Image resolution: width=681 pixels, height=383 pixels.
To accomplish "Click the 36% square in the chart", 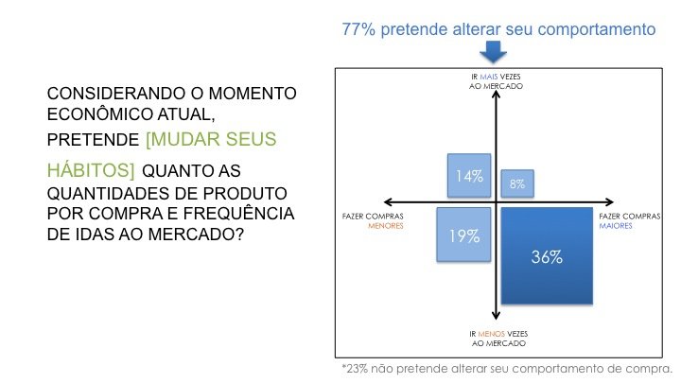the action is [x=547, y=255].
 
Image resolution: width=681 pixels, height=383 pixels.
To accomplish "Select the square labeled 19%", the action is [x=463, y=235].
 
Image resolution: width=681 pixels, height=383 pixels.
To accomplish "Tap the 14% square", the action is [x=469, y=176].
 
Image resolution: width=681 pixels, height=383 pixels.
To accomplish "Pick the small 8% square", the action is [x=517, y=183].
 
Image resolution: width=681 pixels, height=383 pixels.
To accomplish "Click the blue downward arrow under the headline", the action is [x=493, y=52].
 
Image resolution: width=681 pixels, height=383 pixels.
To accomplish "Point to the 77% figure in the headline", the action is [x=358, y=29].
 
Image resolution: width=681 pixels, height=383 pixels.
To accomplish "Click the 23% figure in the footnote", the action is [x=357, y=369].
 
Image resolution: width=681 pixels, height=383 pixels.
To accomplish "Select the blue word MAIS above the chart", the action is [x=489, y=77].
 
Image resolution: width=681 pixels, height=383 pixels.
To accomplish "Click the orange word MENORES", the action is [x=386, y=226].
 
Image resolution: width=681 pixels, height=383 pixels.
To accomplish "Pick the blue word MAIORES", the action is [x=616, y=226].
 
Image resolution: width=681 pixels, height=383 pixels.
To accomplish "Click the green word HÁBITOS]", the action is [x=91, y=170].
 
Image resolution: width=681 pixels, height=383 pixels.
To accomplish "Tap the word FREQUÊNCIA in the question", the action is [x=239, y=213].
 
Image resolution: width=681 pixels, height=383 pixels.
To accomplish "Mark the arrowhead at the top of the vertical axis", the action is [x=496, y=93].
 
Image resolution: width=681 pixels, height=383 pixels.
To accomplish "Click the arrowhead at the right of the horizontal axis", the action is [x=610, y=202].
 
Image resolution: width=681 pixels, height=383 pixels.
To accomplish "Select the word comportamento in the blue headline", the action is [x=596, y=29].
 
